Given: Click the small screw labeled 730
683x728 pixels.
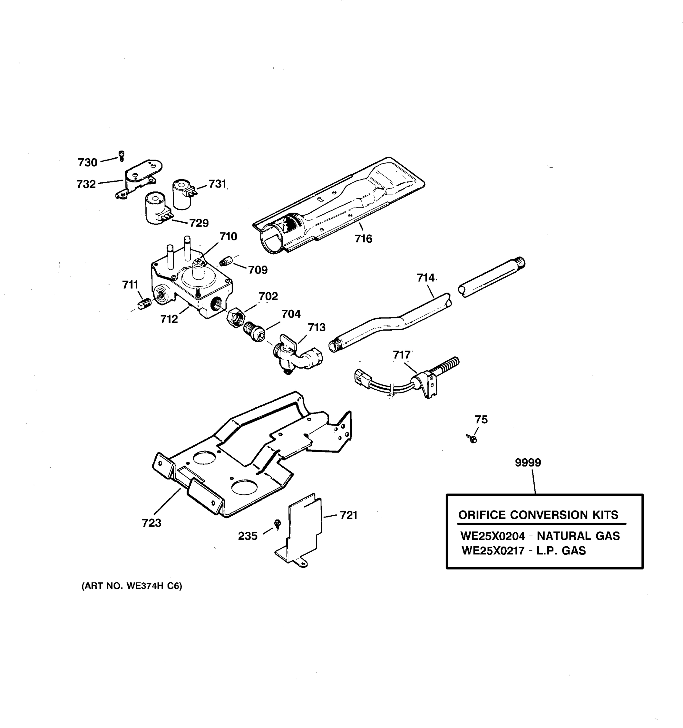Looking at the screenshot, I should click(x=122, y=156).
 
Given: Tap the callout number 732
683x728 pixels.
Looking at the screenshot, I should click(x=86, y=184).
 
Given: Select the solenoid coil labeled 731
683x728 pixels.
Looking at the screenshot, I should click(x=182, y=194).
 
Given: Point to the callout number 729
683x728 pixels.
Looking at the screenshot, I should click(x=199, y=223).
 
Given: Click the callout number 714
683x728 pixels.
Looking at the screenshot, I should click(x=425, y=278).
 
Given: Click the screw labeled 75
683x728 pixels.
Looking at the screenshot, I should click(x=472, y=438).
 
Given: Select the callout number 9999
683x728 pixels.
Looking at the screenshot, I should click(x=528, y=463).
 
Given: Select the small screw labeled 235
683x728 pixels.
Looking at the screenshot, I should click(x=278, y=524).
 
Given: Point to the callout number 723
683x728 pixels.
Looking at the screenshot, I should click(x=151, y=523).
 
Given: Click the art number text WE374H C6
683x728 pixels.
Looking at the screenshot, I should click(x=154, y=586).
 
